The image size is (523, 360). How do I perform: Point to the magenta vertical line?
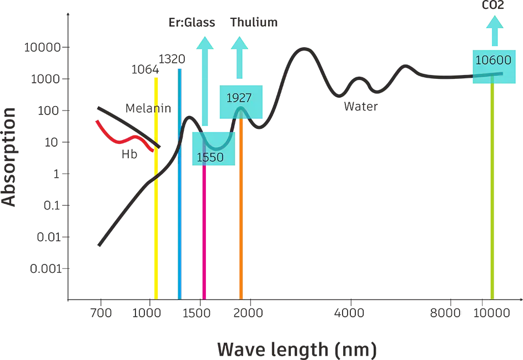(x=205, y=233)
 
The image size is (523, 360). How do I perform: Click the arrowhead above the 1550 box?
(x=204, y=44)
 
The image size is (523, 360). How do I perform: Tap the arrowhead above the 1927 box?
(x=240, y=44)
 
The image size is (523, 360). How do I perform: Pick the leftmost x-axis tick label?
(x=101, y=314)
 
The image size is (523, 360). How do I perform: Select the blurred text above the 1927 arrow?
(x=253, y=22)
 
